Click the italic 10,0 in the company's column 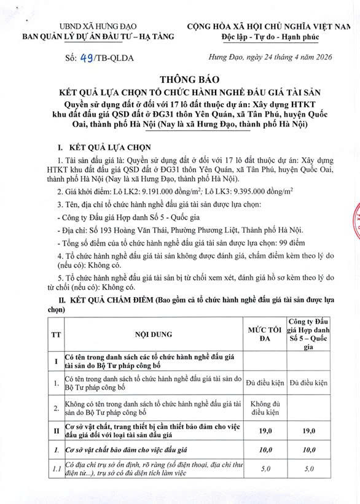(x=309, y=449)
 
